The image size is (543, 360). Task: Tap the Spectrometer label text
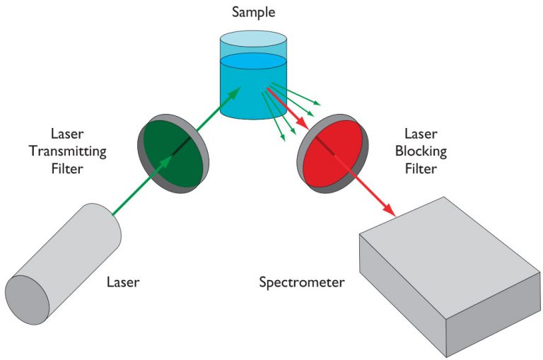pos(301,283)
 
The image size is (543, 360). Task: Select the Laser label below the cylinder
pos(123,282)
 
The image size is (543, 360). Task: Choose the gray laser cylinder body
pos(71,255)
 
